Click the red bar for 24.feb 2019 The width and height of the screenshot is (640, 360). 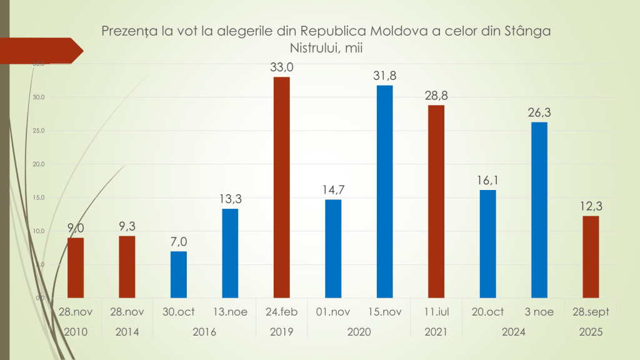click(x=281, y=187)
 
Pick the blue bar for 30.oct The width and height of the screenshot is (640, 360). click(x=179, y=274)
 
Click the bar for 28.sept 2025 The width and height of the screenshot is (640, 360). click(x=591, y=256)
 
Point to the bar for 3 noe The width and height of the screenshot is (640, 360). click(x=539, y=210)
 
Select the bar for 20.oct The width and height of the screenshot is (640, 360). click(x=487, y=244)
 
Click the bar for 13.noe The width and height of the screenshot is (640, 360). click(x=230, y=253)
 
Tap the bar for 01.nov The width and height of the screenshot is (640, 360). click(x=333, y=248)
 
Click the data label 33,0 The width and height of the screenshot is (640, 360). click(x=281, y=67)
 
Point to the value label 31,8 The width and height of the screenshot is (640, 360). click(x=384, y=76)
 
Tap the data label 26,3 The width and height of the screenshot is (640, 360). click(x=539, y=112)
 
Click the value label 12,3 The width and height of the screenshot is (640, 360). click(x=591, y=206)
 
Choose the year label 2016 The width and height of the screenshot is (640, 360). click(x=204, y=332)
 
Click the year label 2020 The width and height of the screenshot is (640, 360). click(x=359, y=332)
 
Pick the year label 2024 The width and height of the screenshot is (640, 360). click(x=514, y=332)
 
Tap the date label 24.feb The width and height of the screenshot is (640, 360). click(x=281, y=312)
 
